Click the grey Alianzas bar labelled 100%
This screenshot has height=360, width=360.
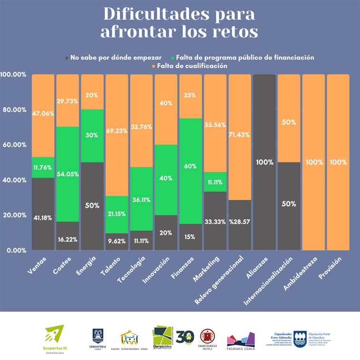point(264,162)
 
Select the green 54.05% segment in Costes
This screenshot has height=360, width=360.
point(68,174)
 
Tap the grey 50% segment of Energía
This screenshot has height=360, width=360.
point(92,206)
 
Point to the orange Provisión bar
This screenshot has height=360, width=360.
point(338,162)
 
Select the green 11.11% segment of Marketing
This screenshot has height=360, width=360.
point(215,181)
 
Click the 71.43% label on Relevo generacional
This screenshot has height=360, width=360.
point(240,135)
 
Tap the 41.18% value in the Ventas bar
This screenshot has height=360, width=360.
point(43,218)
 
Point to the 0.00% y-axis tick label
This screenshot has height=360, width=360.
point(14,250)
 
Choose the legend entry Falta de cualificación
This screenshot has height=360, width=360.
point(192,66)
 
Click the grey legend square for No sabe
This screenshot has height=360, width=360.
point(67,58)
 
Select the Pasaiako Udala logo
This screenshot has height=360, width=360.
point(241,339)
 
